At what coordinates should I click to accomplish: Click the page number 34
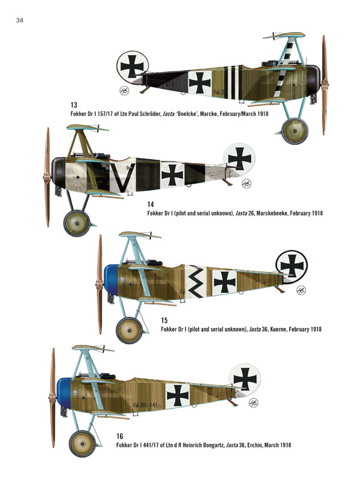19,21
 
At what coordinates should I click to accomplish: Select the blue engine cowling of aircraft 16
64,392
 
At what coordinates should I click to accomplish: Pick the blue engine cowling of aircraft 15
112,279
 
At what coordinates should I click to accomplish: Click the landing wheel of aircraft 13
295,131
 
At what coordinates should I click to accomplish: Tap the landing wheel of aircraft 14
77,223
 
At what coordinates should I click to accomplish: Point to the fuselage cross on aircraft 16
178,395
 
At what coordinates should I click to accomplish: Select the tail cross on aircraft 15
292,266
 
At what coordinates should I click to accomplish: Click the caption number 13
73,105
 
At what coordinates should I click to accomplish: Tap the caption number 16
119,436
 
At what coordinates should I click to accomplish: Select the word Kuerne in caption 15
279,329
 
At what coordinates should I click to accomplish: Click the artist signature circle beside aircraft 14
247,184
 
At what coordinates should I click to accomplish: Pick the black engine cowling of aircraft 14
58,173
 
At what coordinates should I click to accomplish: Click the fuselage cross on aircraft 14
172,175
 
